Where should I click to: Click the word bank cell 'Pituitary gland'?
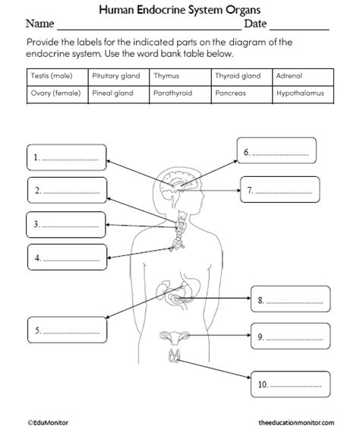tap(119, 77)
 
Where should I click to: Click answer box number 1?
tap(66, 159)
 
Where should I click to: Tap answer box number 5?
tap(66, 330)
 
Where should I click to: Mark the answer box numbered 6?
tap(276, 151)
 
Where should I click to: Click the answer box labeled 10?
tap(289, 384)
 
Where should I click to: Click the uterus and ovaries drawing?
tap(175, 337)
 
